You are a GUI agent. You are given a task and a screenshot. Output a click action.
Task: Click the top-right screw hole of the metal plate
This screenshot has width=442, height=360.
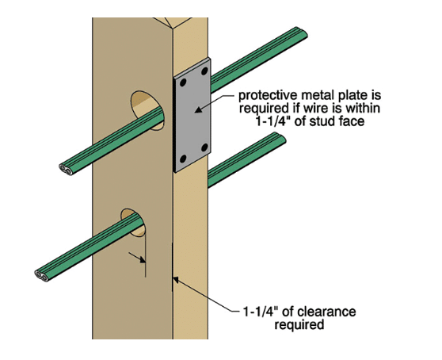[204, 71]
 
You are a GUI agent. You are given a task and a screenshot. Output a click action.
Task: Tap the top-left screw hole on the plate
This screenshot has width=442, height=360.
[183, 83]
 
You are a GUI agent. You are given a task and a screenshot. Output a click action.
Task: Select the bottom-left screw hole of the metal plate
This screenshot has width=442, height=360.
[183, 159]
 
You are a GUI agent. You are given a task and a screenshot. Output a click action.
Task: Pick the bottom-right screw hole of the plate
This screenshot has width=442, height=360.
[205, 147]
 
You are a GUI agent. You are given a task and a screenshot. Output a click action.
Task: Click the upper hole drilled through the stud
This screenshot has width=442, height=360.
[147, 110]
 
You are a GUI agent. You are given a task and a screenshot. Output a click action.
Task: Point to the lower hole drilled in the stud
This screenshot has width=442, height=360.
[133, 223]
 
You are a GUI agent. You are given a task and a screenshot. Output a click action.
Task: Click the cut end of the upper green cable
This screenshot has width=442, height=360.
[66, 170]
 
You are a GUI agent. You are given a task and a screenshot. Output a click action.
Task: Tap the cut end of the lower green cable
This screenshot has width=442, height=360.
[42, 276]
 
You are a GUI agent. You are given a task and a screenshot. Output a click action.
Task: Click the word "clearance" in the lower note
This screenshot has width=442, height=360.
[326, 312]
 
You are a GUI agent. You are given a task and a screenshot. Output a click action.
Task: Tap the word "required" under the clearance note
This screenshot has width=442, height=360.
[299, 325]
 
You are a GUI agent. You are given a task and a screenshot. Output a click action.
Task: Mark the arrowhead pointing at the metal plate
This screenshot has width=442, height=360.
[199, 110]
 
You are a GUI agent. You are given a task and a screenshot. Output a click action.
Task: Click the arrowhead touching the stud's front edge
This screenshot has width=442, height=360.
[176, 280]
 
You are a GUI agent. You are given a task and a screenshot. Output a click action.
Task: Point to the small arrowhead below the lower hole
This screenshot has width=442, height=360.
[142, 259]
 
